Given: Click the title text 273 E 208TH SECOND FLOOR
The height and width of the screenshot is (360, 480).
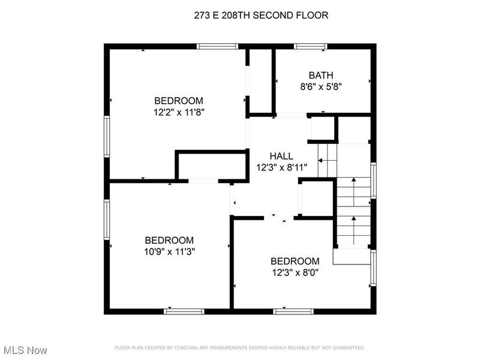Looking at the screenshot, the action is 261,15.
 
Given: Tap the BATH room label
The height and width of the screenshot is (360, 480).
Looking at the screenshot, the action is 321,75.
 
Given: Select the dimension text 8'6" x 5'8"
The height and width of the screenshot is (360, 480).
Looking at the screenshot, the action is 321,87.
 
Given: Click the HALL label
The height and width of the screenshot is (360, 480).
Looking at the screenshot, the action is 281,156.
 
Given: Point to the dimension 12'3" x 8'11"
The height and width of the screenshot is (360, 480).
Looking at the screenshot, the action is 281,168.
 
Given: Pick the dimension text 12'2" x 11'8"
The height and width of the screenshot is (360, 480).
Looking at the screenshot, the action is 179,112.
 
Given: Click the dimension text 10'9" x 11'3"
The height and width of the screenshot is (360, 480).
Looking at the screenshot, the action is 169,251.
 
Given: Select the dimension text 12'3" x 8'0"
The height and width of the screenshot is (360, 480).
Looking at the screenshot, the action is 295,272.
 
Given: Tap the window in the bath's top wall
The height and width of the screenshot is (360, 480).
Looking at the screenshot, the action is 310,47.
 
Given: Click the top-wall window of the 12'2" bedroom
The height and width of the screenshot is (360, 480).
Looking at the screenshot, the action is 217,47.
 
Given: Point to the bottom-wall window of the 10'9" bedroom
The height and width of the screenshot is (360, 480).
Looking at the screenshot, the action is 184,311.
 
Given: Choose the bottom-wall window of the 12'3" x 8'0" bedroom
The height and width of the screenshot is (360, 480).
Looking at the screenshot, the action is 293,311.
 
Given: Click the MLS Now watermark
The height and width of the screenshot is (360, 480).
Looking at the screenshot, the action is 24,350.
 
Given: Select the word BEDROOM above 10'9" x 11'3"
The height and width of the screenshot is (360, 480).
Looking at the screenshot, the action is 169,240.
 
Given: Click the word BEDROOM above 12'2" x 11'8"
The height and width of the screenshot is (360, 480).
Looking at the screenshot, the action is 179,101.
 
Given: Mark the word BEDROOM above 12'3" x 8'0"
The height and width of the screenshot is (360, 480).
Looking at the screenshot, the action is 295,261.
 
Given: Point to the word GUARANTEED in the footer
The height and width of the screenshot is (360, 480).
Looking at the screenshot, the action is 349,348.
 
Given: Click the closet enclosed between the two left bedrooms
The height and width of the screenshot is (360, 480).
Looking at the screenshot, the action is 212,166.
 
